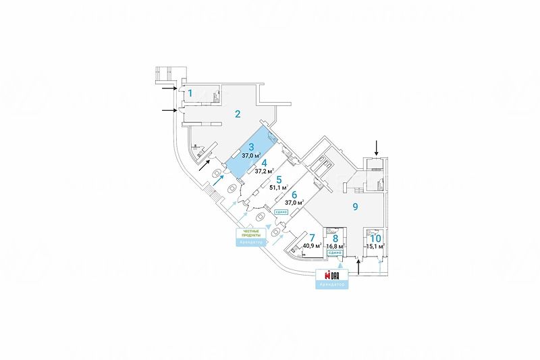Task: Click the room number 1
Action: tap(190, 93)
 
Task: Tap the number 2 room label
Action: tap(238, 113)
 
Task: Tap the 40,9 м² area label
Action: tap(313, 246)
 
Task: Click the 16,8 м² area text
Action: tap(335, 247)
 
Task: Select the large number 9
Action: tap(354, 207)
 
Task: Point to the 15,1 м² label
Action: tap(375, 247)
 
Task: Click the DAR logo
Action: tap(331, 275)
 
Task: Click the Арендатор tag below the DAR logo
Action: tap(331, 285)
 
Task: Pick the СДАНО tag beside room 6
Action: tap(281, 212)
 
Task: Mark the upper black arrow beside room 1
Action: tap(167, 87)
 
